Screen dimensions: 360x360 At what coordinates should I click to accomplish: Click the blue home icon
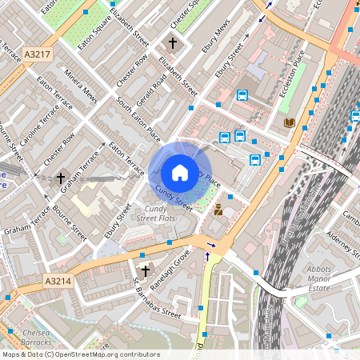tap(179, 172)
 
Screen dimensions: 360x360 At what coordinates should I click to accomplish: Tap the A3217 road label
tap(37, 54)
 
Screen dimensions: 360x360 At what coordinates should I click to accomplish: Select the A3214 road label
tap(58, 282)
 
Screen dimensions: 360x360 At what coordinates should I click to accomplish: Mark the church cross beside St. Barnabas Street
tap(145, 271)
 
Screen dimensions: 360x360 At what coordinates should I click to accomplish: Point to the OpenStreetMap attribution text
tap(80, 354)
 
